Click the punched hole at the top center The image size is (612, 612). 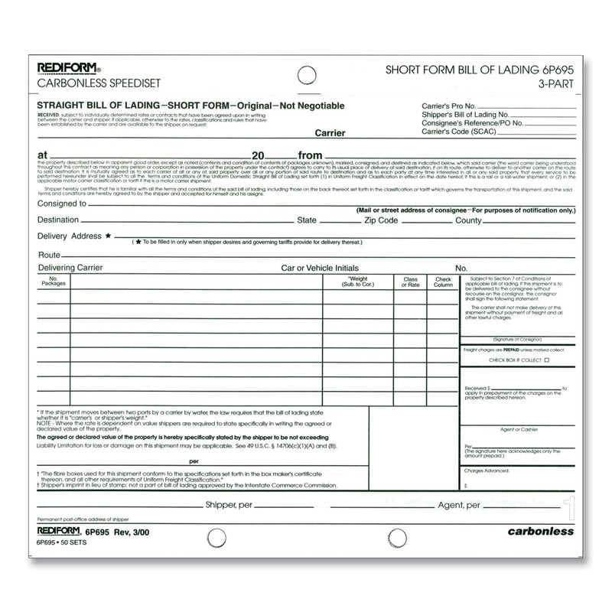tap(305, 75)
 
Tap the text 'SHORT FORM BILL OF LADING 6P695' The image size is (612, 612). tap(473, 70)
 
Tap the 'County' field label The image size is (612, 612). tap(468, 220)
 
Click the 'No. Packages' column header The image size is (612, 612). tap(54, 282)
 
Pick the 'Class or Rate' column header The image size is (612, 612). tap(410, 282)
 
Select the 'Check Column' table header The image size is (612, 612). tap(443, 282)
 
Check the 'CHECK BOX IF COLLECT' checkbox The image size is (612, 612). tap(547, 359)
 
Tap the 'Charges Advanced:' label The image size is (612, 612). tap(487, 471)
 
